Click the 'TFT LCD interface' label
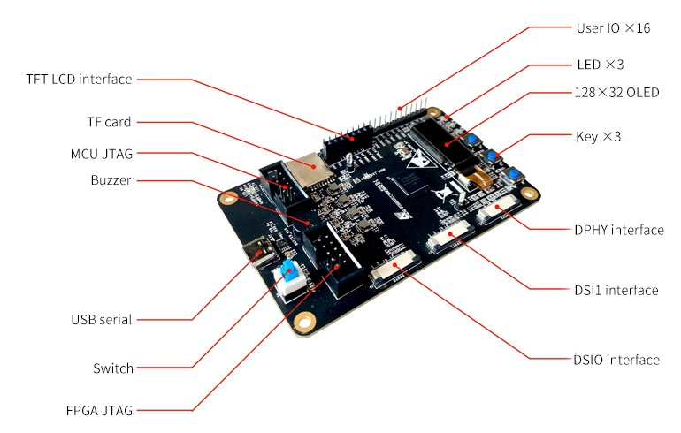pyautogui.click(x=79, y=80)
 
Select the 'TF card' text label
pyautogui.click(x=109, y=122)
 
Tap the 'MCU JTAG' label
pyautogui.click(x=102, y=154)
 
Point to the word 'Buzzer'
pyautogui.click(x=111, y=180)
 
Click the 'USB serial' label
pyautogui.click(x=102, y=319)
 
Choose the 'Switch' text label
pyautogui.click(x=113, y=368)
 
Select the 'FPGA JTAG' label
pyautogui.click(x=99, y=411)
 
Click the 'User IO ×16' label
pyautogui.click(x=613, y=28)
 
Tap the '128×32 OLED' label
pyautogui.click(x=616, y=92)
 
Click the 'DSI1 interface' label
pyautogui.click(x=616, y=290)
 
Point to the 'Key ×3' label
pyautogui.click(x=599, y=137)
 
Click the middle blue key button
pyautogui.click(x=491, y=156)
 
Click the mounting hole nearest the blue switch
pyautogui.click(x=305, y=321)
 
